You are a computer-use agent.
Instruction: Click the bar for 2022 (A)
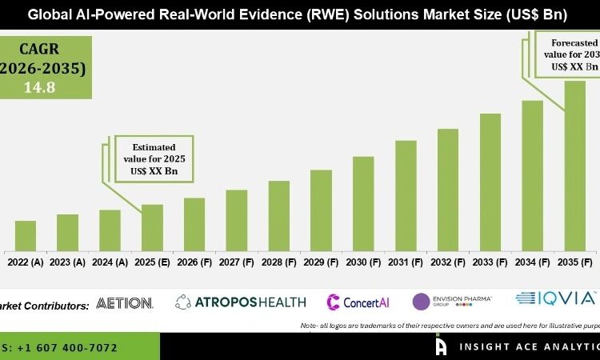coord(26,234)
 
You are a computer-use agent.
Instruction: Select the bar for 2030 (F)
coord(363,202)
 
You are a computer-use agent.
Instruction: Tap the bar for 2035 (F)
coord(574,164)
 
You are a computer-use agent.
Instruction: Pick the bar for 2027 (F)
coord(237,219)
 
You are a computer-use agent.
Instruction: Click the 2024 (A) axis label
coord(110,262)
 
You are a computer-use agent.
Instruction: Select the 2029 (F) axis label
coord(322,262)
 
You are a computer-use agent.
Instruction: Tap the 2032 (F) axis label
coord(448,262)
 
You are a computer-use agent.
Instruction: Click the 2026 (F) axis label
coord(194,262)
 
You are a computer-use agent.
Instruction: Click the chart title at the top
coord(299,14)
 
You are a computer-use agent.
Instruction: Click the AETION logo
coord(124,303)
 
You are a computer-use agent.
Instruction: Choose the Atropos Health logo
coord(241,302)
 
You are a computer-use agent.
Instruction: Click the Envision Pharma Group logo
coord(452,302)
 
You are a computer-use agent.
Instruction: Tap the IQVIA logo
coord(557,298)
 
